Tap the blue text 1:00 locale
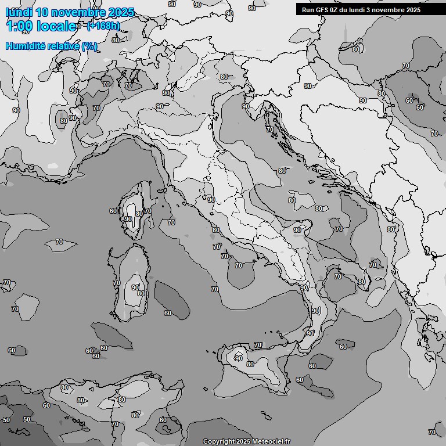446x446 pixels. click(41, 26)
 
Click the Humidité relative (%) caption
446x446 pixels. click(51, 46)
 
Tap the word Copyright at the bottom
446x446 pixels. click(218, 442)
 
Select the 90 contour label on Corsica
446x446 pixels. click(128, 219)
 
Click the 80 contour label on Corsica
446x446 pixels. click(139, 214)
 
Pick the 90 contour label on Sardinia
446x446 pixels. click(135, 287)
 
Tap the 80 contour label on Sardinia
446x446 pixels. click(141, 294)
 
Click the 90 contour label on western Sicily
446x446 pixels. click(238, 358)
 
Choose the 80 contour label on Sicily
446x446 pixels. click(250, 364)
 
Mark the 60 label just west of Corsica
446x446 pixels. click(113, 211)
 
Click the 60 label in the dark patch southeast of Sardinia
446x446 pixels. click(168, 313)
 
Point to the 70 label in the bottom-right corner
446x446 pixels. click(431, 432)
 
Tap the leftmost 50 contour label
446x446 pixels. click(6, 420)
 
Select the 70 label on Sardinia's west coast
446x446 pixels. click(117, 283)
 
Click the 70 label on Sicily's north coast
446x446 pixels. click(258, 345)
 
